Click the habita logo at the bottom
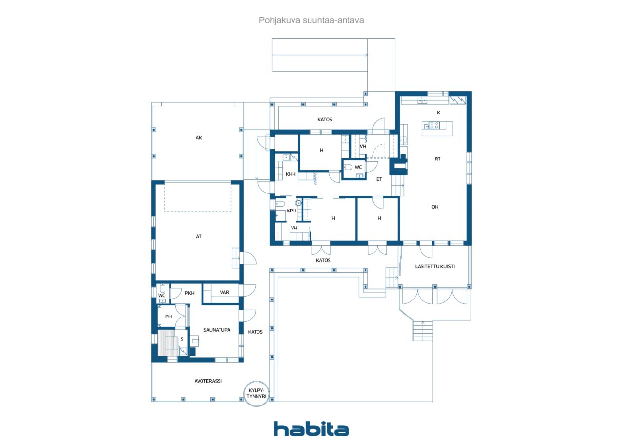tap(311, 429)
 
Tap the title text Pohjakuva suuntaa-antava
tap(311, 20)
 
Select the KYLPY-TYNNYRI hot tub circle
tap(257, 394)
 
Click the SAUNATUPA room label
tap(217, 330)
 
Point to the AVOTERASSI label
tap(208, 381)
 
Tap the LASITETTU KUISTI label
tap(435, 266)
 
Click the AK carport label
tap(199, 138)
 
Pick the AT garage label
tap(198, 236)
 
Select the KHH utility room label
tap(291, 174)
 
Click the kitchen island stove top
tap(434, 125)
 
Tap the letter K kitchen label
tap(439, 112)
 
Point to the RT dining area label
tap(437, 159)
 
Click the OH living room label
tap(435, 207)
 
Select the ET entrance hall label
tap(379, 179)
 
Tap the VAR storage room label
tap(224, 293)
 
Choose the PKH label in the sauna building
tap(189, 293)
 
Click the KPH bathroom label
tap(291, 211)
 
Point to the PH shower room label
tap(168, 317)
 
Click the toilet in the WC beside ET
tap(348, 167)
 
